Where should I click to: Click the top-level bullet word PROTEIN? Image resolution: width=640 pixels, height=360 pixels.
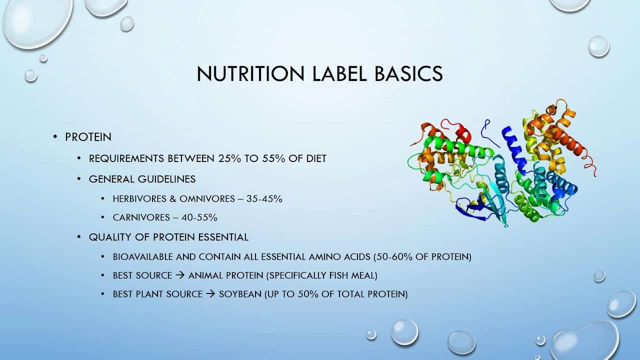click(x=88, y=137)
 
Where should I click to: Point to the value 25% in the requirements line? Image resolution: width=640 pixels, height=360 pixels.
click(x=230, y=158)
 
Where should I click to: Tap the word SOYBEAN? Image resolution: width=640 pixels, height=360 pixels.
click(x=240, y=294)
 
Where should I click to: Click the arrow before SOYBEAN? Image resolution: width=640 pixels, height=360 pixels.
click(x=210, y=294)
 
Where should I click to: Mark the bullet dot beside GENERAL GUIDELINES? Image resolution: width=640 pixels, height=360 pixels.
click(x=78, y=179)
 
